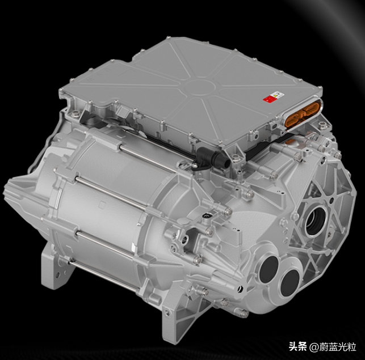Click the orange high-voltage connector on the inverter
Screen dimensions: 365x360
click(x=303, y=113)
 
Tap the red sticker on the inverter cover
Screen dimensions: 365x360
click(x=270, y=98)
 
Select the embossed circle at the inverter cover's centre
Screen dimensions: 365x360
click(x=199, y=87)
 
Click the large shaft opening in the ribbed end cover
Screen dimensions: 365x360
click(x=316, y=221)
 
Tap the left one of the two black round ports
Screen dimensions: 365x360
click(x=268, y=269)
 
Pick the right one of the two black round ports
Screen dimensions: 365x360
click(x=290, y=283)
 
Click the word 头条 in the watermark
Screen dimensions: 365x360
click(x=297, y=347)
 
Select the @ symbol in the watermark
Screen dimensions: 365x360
click(x=314, y=348)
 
